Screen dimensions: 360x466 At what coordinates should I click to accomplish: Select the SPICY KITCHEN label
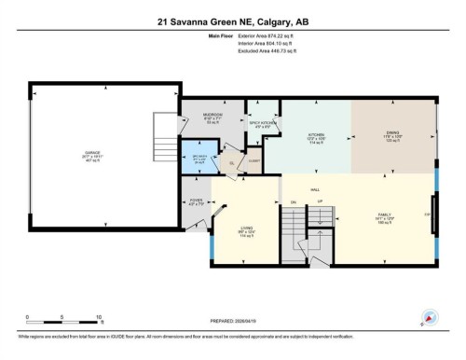point(260,121)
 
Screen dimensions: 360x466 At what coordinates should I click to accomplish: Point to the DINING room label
point(392,135)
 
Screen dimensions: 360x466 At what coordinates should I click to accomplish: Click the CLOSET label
point(255,160)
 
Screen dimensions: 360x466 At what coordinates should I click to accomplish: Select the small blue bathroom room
point(199,157)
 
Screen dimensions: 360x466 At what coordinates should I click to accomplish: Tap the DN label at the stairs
point(293,202)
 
